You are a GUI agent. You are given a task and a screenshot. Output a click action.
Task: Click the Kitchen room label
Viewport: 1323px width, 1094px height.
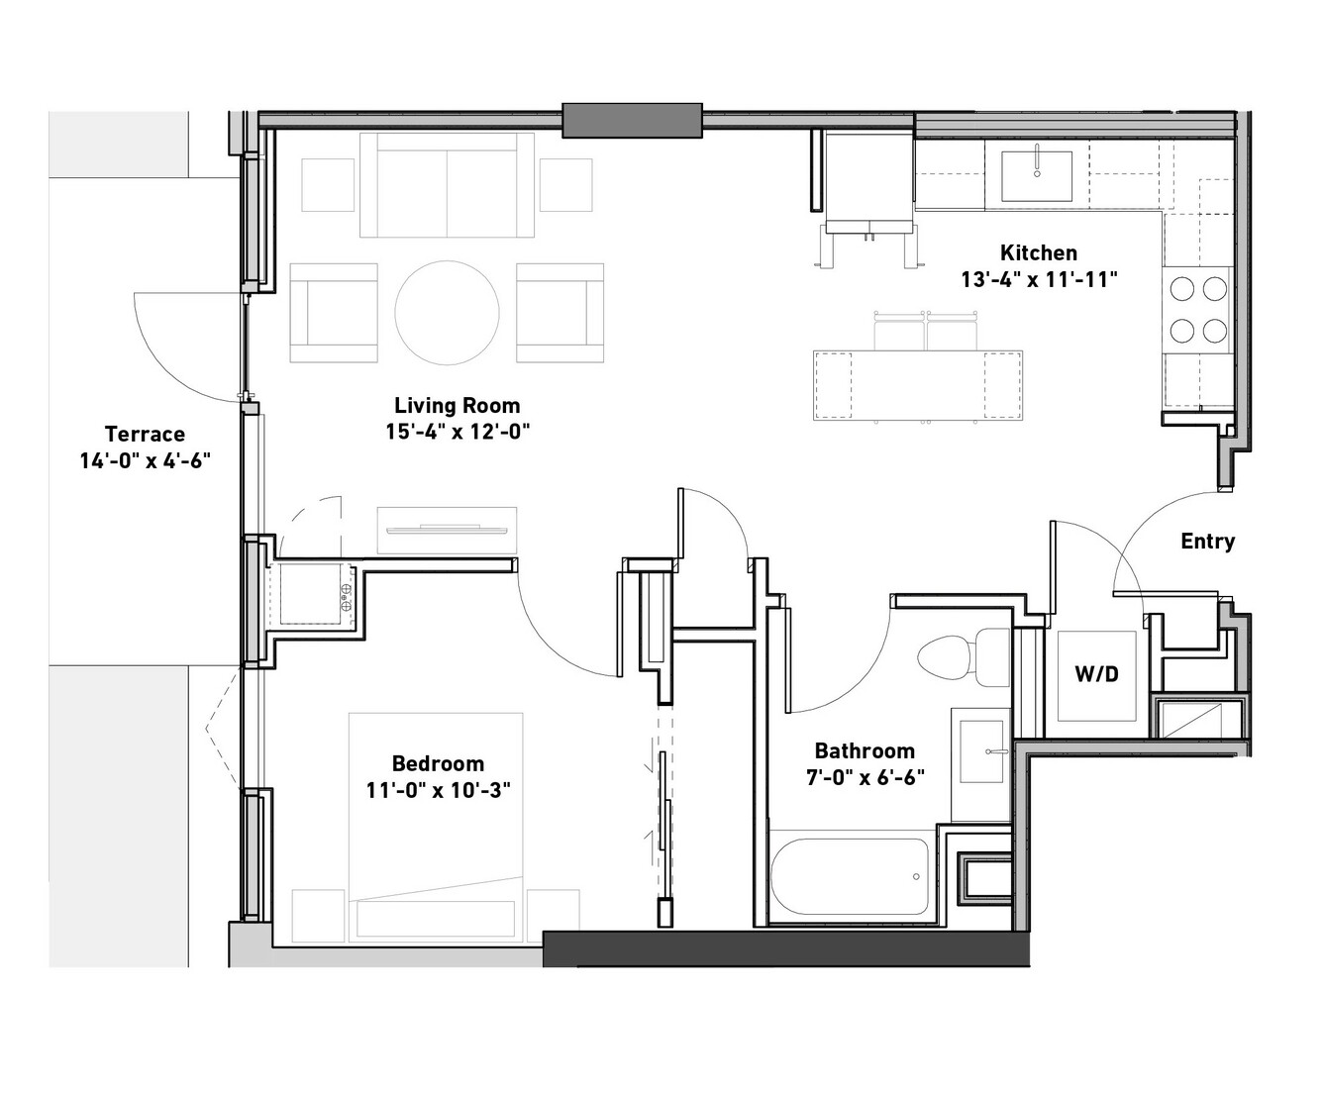point(1039,252)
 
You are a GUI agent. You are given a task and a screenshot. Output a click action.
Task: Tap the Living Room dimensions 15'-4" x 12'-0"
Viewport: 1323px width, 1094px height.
point(458,432)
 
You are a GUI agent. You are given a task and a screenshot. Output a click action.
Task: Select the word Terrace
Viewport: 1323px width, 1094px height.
point(146,434)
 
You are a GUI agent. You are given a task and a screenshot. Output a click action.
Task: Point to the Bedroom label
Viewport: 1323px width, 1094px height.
point(438,763)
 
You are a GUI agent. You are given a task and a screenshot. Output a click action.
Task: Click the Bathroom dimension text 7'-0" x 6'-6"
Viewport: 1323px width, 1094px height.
point(865,777)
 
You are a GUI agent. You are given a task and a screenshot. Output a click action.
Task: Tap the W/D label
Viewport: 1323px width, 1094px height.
point(1097,674)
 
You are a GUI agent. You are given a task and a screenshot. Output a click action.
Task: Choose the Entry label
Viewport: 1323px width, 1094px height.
point(1208,541)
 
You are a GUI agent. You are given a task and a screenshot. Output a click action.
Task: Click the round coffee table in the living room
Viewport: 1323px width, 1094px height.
point(447,313)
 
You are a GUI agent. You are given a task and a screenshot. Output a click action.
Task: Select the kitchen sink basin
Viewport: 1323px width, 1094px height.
point(1037,176)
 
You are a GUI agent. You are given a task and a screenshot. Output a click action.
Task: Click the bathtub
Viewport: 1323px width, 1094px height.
point(850,877)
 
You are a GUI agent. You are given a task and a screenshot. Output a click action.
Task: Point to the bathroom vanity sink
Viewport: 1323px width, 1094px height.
point(981,751)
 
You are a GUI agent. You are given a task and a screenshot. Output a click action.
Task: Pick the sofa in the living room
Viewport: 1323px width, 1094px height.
point(447,185)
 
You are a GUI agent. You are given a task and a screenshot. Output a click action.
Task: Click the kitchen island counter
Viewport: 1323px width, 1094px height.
point(917,385)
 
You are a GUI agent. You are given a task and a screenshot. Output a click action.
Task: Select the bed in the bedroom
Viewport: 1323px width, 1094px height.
point(436,828)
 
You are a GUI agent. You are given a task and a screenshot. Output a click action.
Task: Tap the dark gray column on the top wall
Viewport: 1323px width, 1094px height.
point(633,121)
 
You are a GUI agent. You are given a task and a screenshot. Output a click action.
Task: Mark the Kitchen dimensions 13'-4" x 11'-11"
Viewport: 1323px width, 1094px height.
point(1039,279)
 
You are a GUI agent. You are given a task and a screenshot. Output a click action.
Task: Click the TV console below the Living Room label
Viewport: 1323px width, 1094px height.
point(447,531)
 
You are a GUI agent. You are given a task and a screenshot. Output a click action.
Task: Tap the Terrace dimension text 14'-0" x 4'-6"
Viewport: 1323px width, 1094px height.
point(146,460)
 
